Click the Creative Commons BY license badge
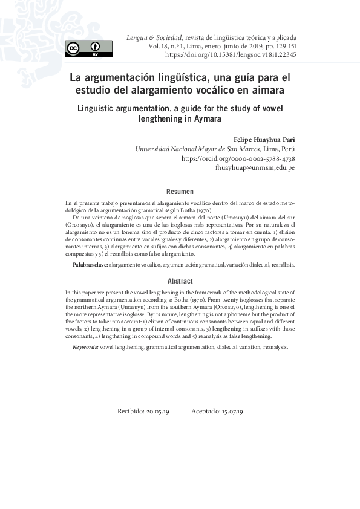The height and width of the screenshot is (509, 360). tap(88, 48)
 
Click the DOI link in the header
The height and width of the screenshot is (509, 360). tap(231, 55)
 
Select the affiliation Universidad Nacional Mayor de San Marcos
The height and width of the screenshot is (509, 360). tap(197, 149)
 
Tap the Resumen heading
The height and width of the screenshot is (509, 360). tap(180, 192)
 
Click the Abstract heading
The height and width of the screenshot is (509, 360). tap(180, 281)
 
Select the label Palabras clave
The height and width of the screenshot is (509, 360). tap(90, 265)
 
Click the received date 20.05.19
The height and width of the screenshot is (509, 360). tap(157, 411)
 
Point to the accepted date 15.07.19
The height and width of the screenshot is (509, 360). tap(232, 411)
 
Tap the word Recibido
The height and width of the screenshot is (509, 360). tap(130, 411)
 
